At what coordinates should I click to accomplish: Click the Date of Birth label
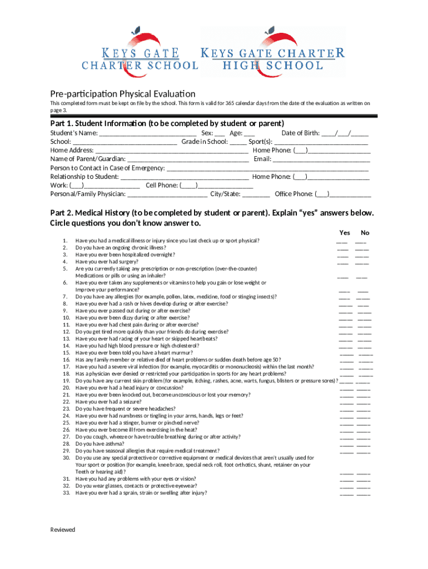pyautogui.click(x=300, y=133)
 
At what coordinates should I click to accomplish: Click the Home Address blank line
pyautogui.click(x=172, y=151)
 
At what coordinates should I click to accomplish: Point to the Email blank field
pyautogui.click(x=321, y=159)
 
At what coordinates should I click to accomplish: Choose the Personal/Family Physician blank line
pyautogui.click(x=167, y=194)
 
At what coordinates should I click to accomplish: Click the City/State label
pyautogui.click(x=225, y=194)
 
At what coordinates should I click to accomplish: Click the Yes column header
pyautogui.click(x=345, y=233)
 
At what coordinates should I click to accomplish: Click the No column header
pyautogui.click(x=365, y=233)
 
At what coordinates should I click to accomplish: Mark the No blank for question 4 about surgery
pyautogui.click(x=362, y=263)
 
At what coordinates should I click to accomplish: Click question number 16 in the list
pyautogui.click(x=66, y=360)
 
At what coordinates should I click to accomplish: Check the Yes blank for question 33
pyautogui.click(x=346, y=493)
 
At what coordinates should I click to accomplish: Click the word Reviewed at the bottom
pyautogui.click(x=62, y=530)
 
